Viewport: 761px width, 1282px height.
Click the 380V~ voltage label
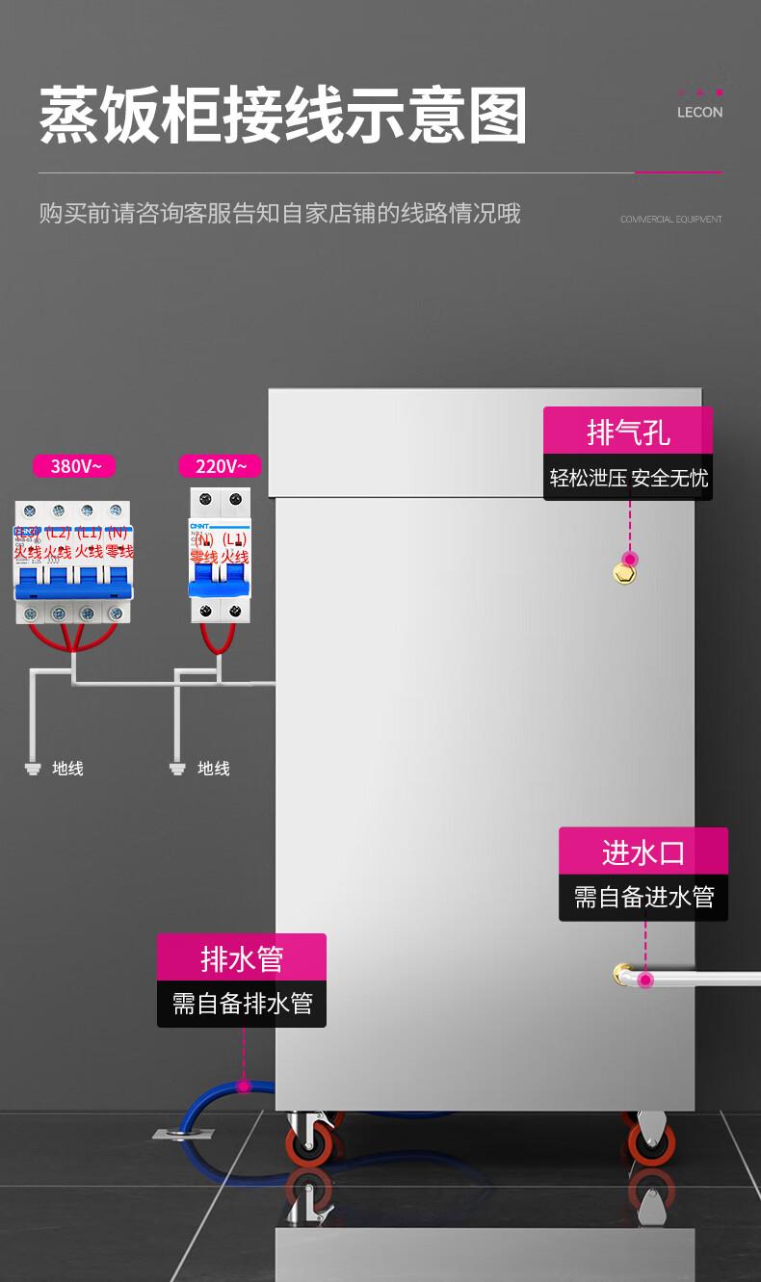click(74, 466)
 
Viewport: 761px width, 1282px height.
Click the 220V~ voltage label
click(220, 466)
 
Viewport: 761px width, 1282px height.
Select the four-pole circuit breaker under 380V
click(73, 563)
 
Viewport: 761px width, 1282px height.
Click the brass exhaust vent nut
click(625, 575)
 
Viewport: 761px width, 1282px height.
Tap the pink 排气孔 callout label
click(628, 431)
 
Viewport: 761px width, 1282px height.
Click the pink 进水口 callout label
click(643, 851)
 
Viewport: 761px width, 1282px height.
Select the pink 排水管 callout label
click(242, 958)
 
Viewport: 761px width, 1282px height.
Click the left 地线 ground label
click(67, 769)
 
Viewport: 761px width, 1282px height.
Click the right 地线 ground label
click(213, 769)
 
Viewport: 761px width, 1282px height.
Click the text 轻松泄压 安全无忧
click(628, 478)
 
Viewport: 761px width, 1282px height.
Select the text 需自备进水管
click(643, 898)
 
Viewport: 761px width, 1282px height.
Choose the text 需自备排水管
click(242, 1004)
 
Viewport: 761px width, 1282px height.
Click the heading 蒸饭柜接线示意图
click(283, 116)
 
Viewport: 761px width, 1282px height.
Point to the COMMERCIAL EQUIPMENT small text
click(670, 220)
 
